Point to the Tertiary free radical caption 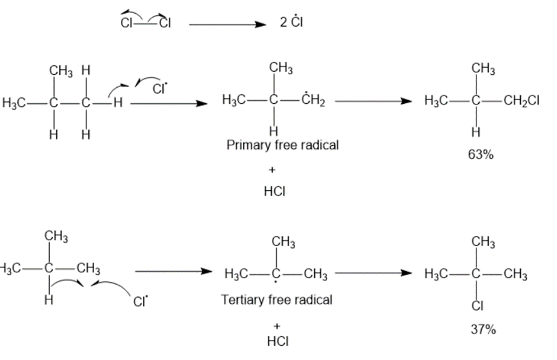[x=277, y=300]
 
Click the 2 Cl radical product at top [x=294, y=23]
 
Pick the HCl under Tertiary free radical [x=274, y=342]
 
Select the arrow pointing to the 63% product [x=372, y=102]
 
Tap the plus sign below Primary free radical [x=272, y=170]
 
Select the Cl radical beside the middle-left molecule [x=159, y=89]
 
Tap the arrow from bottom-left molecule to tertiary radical [x=172, y=272]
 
